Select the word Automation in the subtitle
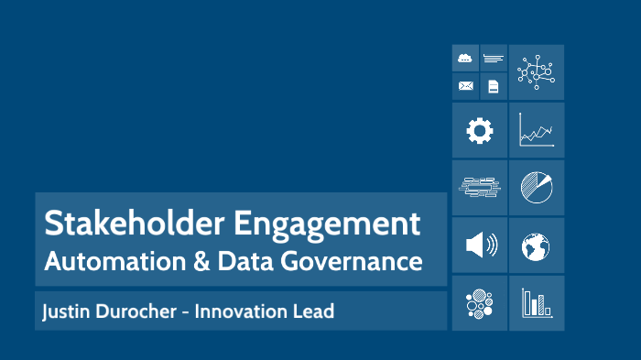click(103, 261)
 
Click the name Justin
click(66, 312)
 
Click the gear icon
click(479, 131)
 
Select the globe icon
click(536, 245)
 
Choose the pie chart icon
click(536, 188)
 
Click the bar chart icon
click(536, 302)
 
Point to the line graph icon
click(536, 130)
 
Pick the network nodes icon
click(536, 72)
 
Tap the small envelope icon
click(466, 86)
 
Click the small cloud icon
click(466, 59)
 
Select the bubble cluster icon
click(479, 302)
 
